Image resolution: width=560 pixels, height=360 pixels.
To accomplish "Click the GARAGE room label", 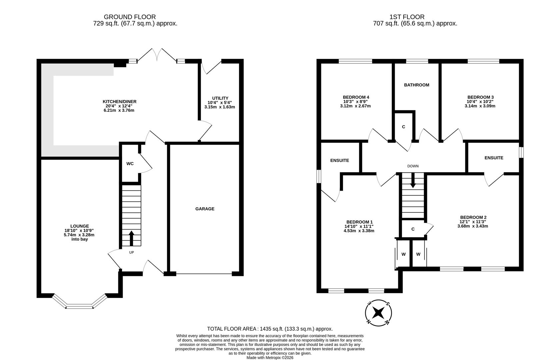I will click(x=205, y=209).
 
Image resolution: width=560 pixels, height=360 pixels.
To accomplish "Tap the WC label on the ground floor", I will click(x=130, y=164).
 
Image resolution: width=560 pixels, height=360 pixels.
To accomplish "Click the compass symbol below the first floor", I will click(x=378, y=313).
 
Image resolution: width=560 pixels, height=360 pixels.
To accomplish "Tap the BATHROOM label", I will click(x=416, y=85).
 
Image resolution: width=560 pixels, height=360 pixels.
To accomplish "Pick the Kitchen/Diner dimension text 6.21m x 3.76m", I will click(x=119, y=110).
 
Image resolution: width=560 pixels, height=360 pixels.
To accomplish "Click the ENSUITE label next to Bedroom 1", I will click(x=339, y=160).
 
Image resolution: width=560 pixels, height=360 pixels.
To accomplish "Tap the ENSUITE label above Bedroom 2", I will click(x=494, y=158).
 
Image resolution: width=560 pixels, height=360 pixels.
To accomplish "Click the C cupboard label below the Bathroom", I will click(x=403, y=127).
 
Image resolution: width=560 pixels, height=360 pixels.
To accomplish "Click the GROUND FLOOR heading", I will click(x=130, y=17).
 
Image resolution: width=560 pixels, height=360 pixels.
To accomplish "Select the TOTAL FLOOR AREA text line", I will click(x=270, y=329).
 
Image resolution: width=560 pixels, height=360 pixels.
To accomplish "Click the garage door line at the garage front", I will click(x=204, y=274).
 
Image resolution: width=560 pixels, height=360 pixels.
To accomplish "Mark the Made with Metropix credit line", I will click(x=270, y=358).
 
